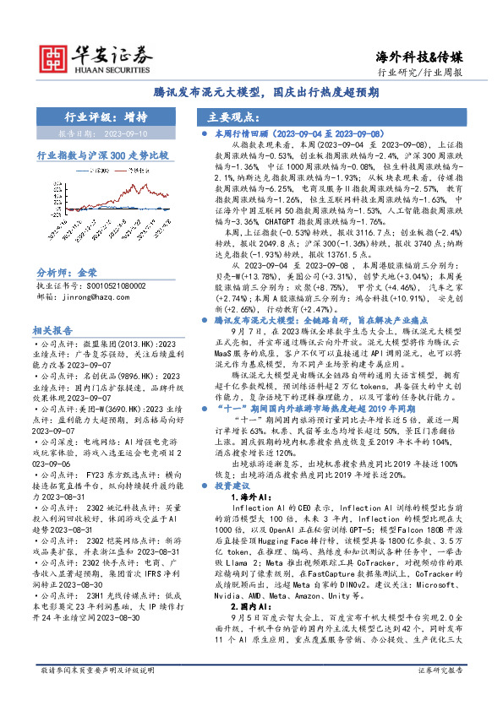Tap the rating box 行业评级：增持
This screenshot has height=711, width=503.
click(x=111, y=117)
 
